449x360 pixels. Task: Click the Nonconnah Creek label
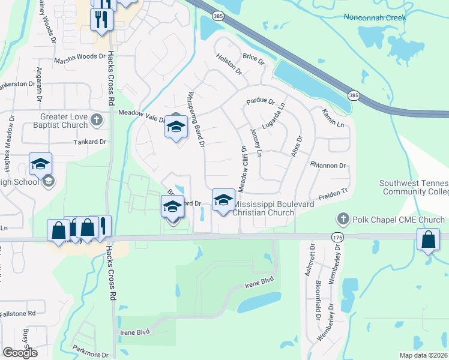[375, 17]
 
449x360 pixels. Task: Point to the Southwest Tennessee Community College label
[414, 187]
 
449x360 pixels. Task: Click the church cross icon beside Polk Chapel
[343, 219]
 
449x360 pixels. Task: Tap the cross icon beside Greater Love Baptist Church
[96, 121]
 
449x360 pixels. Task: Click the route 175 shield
[337, 238]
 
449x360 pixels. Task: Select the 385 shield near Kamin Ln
[355, 95]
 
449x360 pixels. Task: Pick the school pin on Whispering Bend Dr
[176, 127]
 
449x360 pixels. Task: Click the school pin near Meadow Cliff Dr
[223, 200]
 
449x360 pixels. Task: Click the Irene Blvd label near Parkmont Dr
[135, 332]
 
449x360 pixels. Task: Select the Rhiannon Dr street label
[328, 165]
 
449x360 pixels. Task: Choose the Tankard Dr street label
[89, 142]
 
